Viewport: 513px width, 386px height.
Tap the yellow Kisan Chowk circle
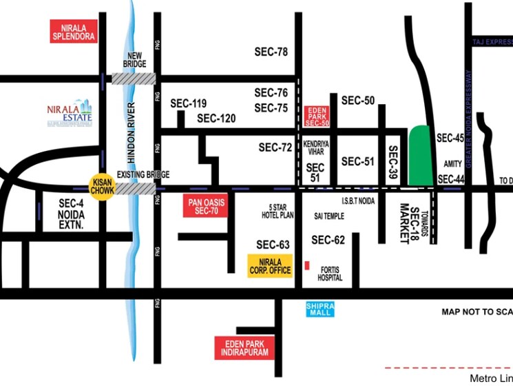coord(102,187)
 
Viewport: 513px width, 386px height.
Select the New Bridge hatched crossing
coord(134,78)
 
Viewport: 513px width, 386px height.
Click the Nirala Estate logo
coord(69,113)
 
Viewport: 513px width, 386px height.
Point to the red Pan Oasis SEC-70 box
coord(206,206)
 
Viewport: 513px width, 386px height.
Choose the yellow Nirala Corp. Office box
coord(270,266)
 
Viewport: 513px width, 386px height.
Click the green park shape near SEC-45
coord(419,156)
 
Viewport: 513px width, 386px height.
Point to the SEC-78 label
coord(271,52)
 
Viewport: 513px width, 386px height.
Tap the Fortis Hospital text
coord(329,274)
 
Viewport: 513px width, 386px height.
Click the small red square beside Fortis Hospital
coord(307,266)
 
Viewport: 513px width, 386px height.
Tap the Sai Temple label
coord(329,216)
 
